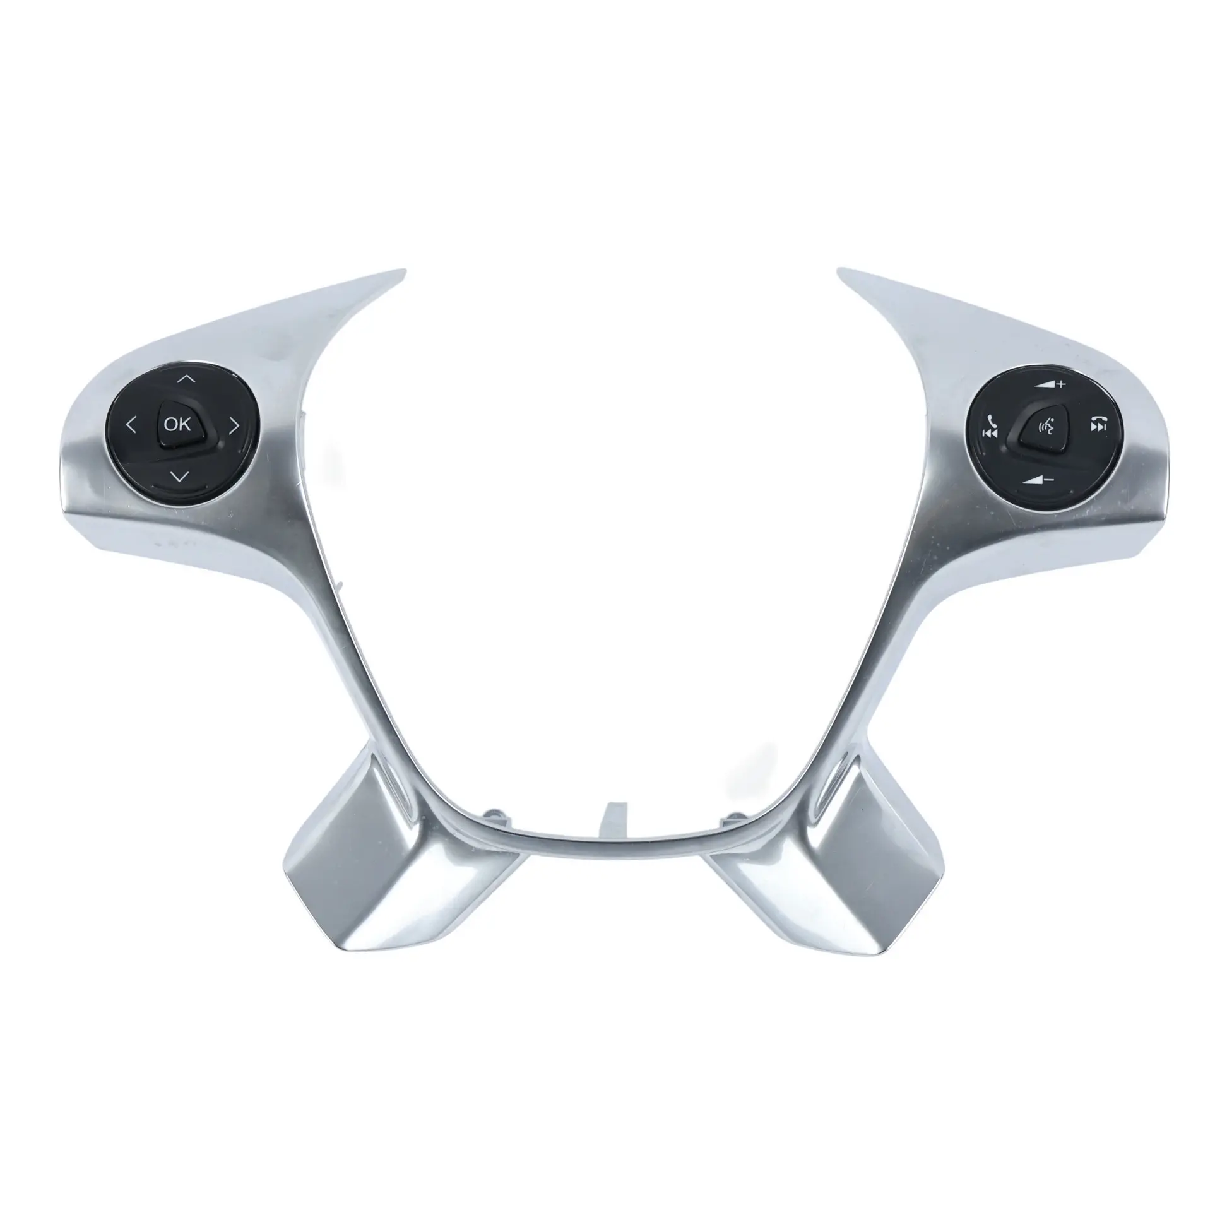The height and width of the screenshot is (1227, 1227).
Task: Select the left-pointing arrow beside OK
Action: point(131,425)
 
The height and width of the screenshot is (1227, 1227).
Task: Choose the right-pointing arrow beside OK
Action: point(234,426)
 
